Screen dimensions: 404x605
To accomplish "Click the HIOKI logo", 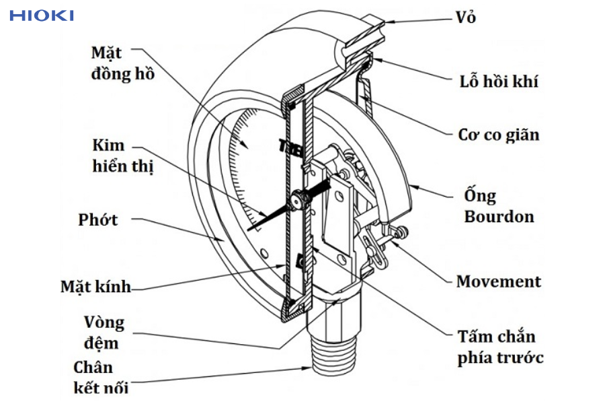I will point(42,15).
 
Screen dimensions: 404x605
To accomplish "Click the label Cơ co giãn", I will point(498,135).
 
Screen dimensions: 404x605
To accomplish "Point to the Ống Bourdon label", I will point(499,207).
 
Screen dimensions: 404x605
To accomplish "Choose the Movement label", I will point(498,281).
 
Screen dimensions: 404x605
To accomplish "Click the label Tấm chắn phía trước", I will point(500,347).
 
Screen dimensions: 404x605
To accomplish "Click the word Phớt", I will point(98,220).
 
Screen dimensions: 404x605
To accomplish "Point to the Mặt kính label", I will point(95,286).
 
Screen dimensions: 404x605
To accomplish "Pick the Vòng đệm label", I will point(104,333).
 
